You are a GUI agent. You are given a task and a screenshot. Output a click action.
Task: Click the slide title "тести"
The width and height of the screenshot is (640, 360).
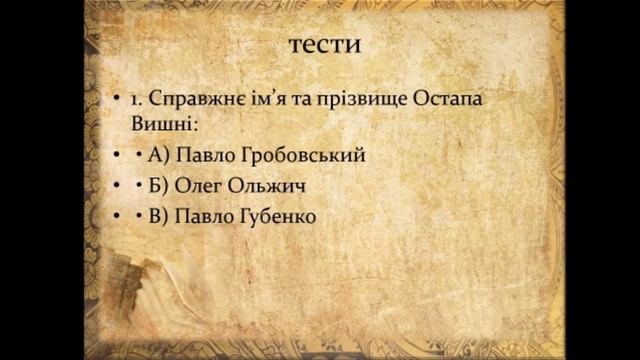[323, 45]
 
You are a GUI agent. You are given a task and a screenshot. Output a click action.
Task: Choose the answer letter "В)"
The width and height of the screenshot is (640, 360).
[159, 215]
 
